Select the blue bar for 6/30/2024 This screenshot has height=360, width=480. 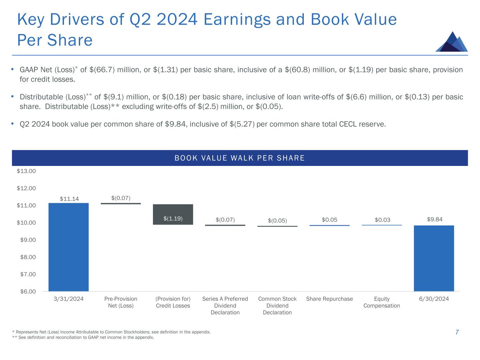tap(434, 258)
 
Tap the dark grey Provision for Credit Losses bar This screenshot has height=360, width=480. tap(173, 214)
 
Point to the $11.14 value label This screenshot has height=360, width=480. tap(69, 199)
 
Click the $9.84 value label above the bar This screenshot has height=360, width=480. tap(435, 219)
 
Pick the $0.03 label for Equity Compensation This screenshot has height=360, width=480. tap(382, 220)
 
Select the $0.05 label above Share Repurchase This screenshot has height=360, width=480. tap(329, 220)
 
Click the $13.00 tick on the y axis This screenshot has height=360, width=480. tap(26, 171)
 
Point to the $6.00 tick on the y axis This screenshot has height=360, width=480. tap(26, 291)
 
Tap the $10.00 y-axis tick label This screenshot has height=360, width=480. tap(26, 223)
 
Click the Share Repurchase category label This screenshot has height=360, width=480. tap(329, 299)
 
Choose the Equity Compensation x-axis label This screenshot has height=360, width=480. tap(382, 302)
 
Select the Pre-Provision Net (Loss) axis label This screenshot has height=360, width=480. tap(121, 302)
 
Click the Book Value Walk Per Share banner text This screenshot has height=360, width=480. tap(239, 158)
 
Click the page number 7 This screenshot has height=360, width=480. tap(457, 332)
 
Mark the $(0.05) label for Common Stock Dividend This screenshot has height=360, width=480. tap(277, 220)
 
